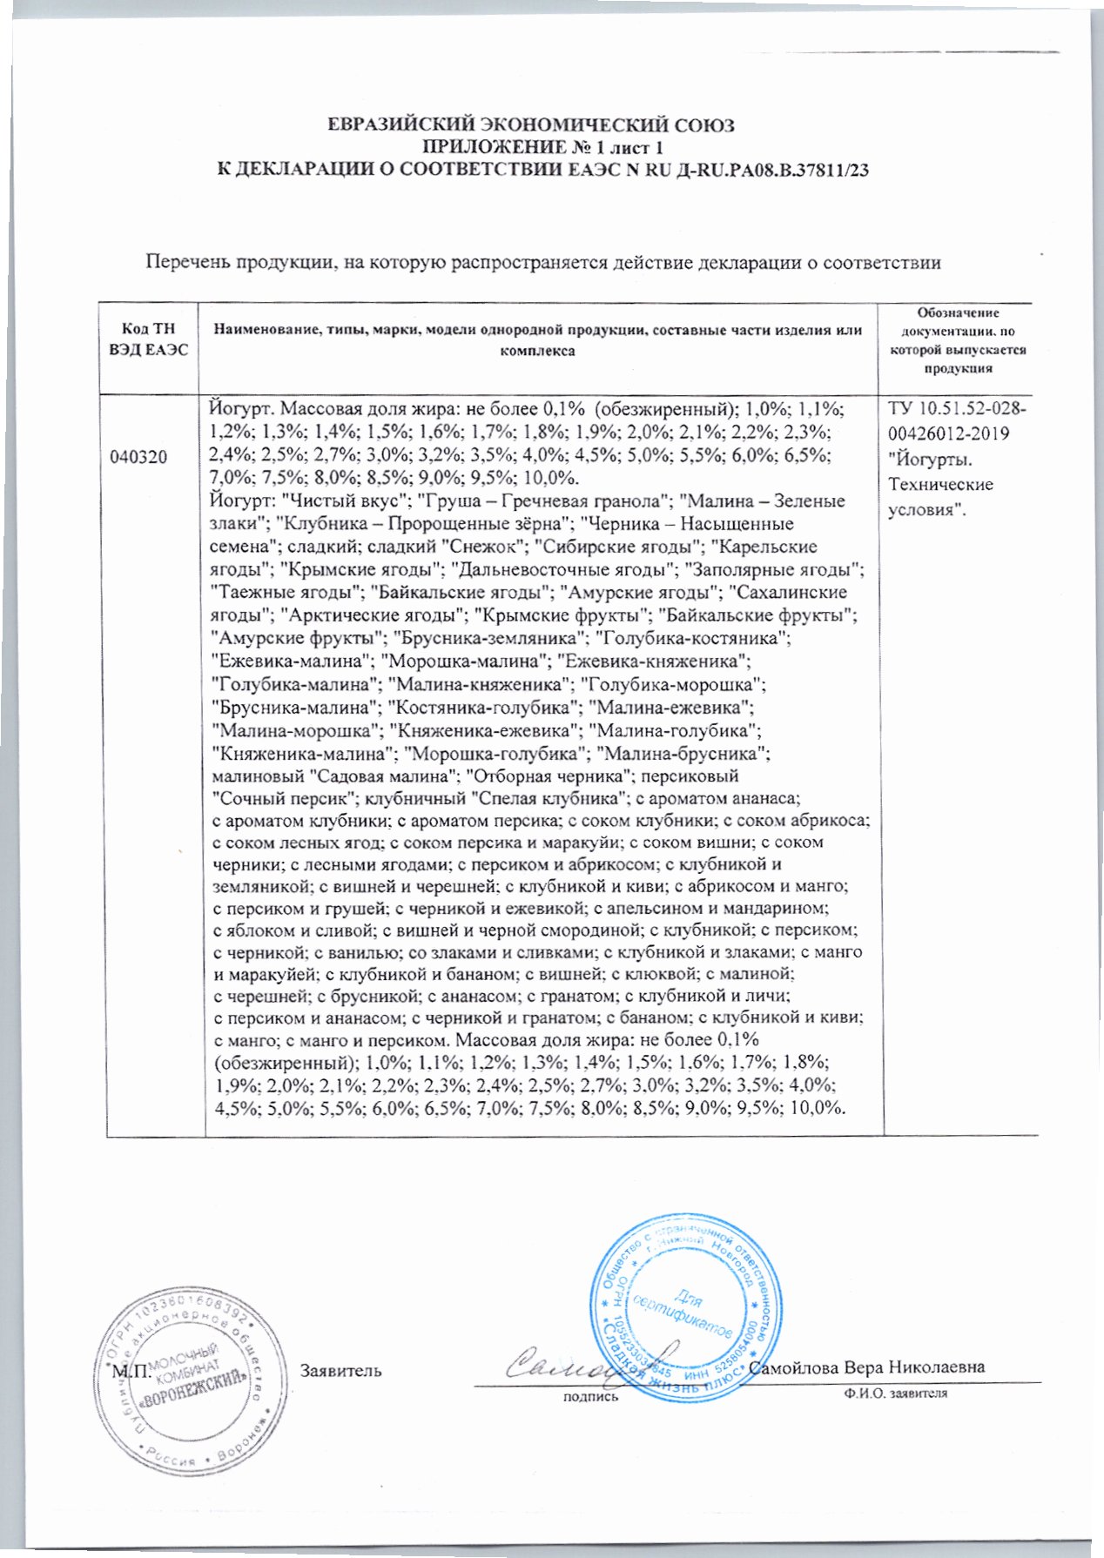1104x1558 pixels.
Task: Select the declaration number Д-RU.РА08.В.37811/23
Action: click(x=773, y=171)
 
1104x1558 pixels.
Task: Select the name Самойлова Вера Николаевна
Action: click(x=866, y=1367)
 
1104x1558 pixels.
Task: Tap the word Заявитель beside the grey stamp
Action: click(x=341, y=1371)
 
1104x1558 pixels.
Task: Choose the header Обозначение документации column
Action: click(x=958, y=340)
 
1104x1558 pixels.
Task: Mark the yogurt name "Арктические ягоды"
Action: click(x=372, y=616)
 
